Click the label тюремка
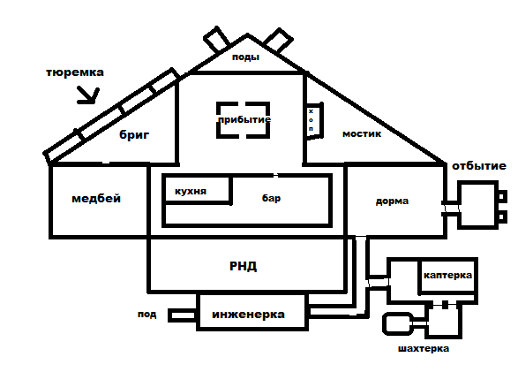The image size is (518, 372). click(x=75, y=72)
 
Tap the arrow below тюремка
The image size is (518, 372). click(x=88, y=95)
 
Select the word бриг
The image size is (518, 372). click(x=134, y=135)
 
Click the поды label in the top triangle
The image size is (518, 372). click(x=245, y=57)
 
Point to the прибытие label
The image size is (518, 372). click(x=244, y=119)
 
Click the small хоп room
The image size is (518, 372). click(x=314, y=121)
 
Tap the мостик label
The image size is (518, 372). click(x=362, y=134)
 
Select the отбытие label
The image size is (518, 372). click(x=479, y=165)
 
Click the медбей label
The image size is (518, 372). click(x=96, y=199)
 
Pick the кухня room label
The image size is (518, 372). click(x=191, y=192)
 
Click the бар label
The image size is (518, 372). click(x=271, y=198)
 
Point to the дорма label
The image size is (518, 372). click(x=392, y=201)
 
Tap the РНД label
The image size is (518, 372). click(x=244, y=266)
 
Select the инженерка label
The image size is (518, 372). click(x=248, y=315)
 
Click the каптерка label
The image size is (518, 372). click(x=447, y=275)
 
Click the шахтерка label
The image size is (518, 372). click(x=424, y=348)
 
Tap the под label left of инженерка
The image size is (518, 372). click(x=147, y=315)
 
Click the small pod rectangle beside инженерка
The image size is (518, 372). click(x=183, y=315)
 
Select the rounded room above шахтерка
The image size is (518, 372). click(x=398, y=323)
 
